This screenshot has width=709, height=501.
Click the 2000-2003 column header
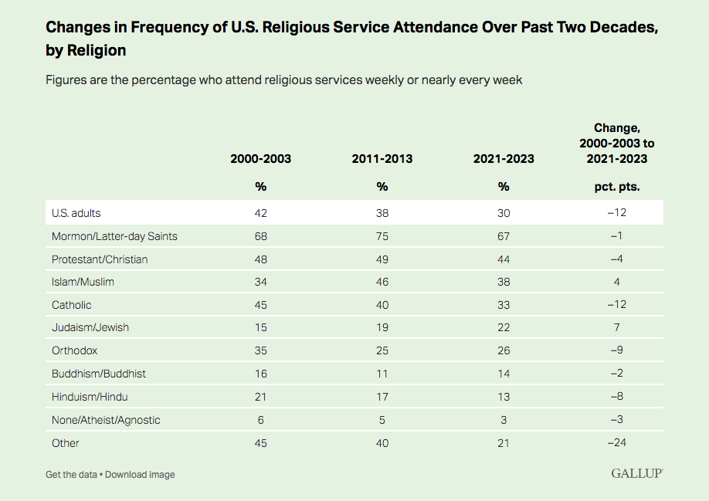click(260, 159)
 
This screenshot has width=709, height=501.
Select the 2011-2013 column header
click(382, 159)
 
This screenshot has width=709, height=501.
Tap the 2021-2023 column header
click(504, 159)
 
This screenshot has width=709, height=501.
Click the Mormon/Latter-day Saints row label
click(114, 236)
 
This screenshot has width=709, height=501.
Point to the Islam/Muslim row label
click(83, 282)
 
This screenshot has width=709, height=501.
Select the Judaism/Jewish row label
click(90, 327)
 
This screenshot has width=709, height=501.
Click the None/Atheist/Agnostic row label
click(106, 420)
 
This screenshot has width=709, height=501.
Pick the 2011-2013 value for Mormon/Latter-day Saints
click(382, 236)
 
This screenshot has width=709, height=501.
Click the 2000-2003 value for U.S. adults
click(260, 213)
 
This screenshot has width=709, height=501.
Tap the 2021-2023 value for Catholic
click(504, 305)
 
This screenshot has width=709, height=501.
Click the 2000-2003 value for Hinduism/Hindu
click(260, 397)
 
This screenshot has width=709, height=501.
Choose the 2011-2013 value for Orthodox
click(382, 350)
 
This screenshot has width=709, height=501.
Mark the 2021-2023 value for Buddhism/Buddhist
click(504, 374)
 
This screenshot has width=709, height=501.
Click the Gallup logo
click(636, 473)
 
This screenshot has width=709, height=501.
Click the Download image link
click(140, 474)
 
